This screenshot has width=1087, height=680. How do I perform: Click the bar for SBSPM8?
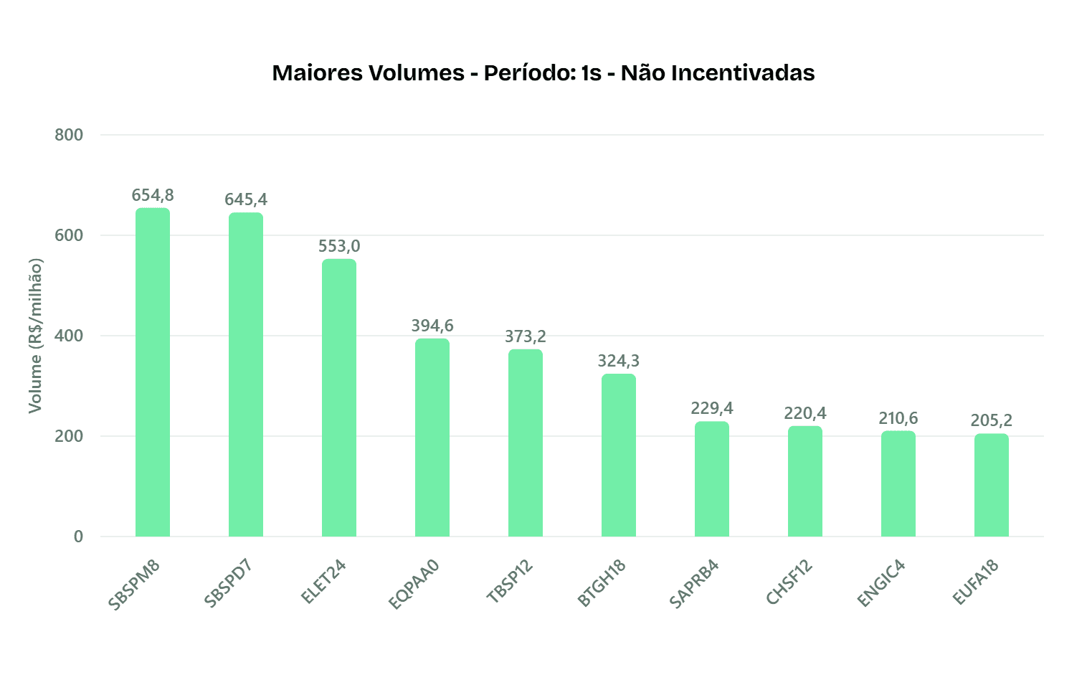pos(153,373)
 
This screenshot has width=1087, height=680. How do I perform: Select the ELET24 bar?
pos(339,398)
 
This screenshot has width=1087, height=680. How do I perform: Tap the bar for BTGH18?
pos(619,455)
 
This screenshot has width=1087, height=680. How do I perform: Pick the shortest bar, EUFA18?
pos(992,486)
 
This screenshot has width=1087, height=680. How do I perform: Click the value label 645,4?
pos(246,199)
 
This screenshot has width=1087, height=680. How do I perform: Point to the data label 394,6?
pos(432,326)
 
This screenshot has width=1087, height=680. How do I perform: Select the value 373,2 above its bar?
pos(526,336)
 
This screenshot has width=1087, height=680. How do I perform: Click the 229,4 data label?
pos(712,408)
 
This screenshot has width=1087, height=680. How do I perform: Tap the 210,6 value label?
pos(898,418)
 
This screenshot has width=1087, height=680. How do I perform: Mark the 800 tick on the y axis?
pos(69,135)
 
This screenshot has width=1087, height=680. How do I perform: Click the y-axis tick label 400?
pos(69,336)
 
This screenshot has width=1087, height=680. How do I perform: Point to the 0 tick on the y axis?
pos(78,537)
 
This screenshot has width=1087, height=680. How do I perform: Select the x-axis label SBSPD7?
pos(228,585)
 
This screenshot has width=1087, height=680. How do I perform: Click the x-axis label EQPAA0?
pos(414,585)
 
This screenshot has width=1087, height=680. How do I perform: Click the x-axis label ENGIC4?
pos(881,584)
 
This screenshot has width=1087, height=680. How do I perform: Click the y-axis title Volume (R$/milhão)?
pos(35,336)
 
